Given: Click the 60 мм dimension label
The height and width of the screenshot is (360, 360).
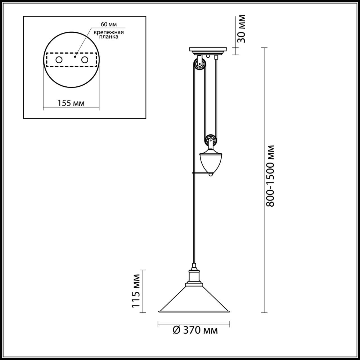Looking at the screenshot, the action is [x=109, y=24].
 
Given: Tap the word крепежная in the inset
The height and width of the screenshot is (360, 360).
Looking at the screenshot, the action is [x=109, y=32].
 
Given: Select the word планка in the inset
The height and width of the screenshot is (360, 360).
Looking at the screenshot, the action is [x=109, y=37].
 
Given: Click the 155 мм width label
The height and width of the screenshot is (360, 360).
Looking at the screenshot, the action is [x=71, y=103].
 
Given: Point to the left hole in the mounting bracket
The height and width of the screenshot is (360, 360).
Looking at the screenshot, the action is [x=59, y=60].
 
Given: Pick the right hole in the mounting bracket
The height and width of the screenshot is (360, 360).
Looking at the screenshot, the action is [x=85, y=60].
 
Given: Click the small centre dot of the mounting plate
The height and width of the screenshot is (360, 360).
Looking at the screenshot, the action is [x=75, y=56].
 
